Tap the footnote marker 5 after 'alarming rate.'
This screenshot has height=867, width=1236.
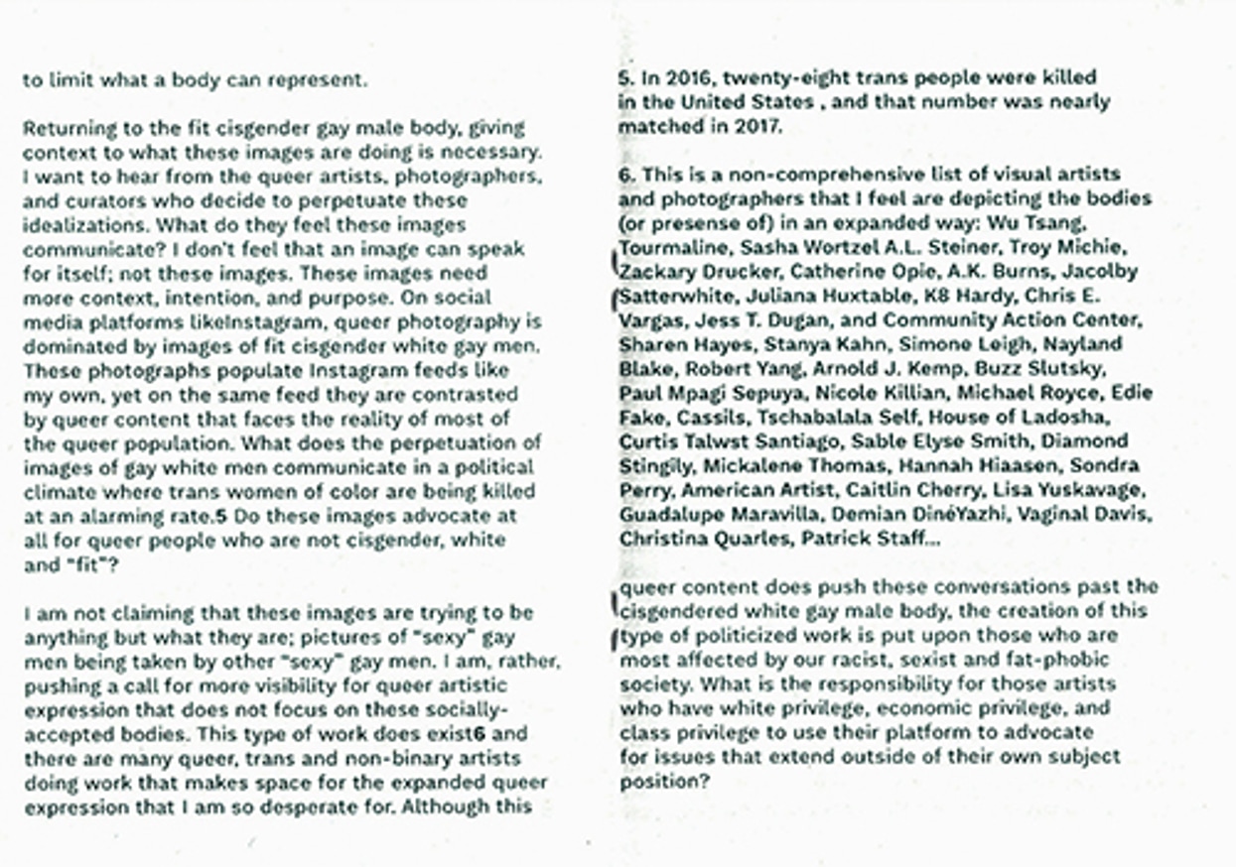click(x=221, y=517)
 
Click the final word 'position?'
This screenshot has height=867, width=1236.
click(x=664, y=782)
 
